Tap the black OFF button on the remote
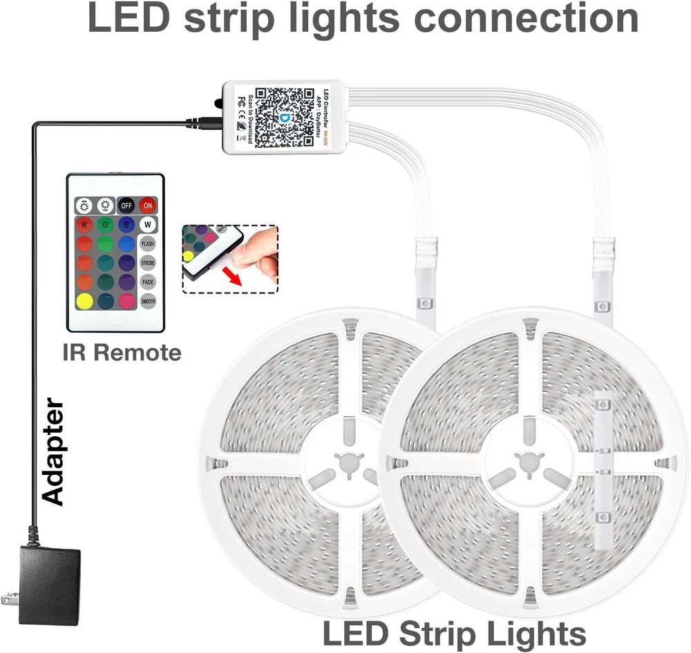126,205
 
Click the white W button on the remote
147,224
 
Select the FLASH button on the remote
147,244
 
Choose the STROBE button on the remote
147,263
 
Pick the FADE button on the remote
147,282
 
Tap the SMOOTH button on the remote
147,301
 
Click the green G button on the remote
105,224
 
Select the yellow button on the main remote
84,301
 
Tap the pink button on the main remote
126,301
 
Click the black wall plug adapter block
48,585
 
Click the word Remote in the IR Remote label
138,353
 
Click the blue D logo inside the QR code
285,117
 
